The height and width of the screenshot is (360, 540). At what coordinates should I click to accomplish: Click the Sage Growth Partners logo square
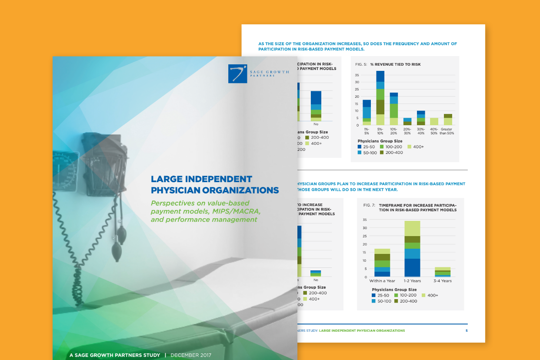[237, 73]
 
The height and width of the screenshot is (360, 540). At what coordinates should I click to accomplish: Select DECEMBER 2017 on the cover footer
[191, 355]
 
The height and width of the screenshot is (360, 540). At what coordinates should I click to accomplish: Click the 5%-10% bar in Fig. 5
[380, 98]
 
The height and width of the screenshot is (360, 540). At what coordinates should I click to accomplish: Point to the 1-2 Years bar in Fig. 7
[413, 249]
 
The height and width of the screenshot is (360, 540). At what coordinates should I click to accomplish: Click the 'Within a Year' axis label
[382, 281]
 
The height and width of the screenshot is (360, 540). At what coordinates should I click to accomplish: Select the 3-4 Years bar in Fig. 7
[443, 272]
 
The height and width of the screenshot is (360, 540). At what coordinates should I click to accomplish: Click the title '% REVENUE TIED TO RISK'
[395, 64]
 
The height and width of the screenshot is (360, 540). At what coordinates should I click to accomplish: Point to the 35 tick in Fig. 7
[364, 220]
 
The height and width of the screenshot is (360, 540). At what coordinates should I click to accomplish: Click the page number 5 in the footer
[467, 330]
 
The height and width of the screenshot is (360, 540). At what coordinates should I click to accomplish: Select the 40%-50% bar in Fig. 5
[434, 121]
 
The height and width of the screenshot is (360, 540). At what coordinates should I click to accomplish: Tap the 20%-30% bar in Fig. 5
[407, 121]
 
